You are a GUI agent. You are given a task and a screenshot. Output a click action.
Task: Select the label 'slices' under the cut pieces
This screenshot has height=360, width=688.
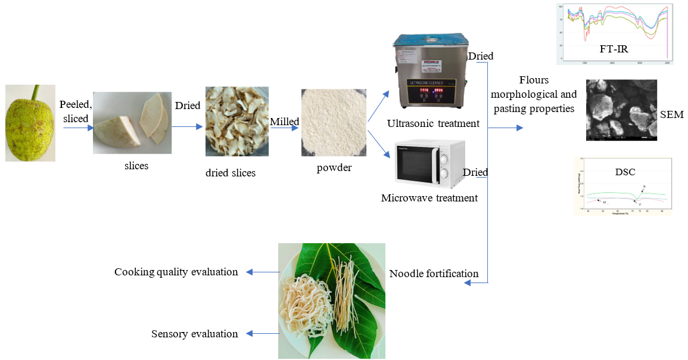136,166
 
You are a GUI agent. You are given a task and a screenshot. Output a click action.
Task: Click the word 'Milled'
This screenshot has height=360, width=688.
284,121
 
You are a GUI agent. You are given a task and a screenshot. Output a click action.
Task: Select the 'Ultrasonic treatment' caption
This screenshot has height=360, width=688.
433,123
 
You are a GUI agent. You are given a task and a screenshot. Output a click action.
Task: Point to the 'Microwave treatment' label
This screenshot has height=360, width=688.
429,197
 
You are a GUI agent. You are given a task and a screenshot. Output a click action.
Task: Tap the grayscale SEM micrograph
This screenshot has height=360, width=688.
622,110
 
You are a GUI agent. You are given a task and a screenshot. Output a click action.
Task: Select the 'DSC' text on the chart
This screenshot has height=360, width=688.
625,172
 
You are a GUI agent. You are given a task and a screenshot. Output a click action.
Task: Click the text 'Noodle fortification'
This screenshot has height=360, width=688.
434,274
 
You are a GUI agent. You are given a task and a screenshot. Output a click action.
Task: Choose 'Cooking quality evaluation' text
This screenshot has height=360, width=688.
176,272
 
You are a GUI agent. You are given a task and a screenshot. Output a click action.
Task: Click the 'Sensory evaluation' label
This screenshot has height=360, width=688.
195,334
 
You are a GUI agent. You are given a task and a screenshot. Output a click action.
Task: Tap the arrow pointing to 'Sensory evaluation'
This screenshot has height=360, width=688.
263,334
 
